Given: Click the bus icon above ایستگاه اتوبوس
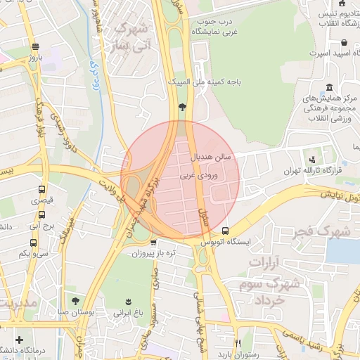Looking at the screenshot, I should tap(225, 231).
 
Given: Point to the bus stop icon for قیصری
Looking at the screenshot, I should tap(42, 190).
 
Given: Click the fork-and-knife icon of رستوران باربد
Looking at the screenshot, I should tap(240, 342).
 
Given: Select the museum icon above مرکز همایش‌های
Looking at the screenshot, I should tap(329, 87).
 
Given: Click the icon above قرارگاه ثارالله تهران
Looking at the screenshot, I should tap(311, 160).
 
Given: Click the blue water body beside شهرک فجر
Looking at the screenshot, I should tap(344, 250).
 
